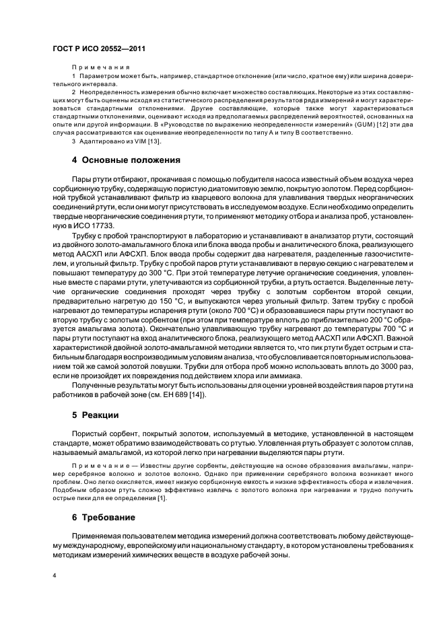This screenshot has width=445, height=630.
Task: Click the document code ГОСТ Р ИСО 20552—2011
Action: [x=99, y=49]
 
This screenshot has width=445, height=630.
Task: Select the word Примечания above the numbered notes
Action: [x=101, y=68]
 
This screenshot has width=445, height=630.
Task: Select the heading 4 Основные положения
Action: [x=126, y=160]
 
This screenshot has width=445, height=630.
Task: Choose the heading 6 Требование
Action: [x=104, y=518]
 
